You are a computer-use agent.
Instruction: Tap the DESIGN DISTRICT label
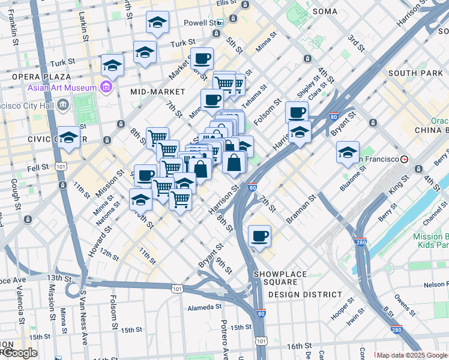click(x=305, y=295)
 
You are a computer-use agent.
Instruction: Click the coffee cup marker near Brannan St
click(x=259, y=236)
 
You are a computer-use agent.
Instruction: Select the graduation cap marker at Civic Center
click(x=69, y=138)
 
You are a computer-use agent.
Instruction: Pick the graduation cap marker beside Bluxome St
click(x=348, y=152)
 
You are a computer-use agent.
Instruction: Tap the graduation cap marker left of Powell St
click(x=157, y=23)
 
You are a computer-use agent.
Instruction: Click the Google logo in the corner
click(x=19, y=353)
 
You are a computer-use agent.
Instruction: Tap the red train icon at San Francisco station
click(x=405, y=159)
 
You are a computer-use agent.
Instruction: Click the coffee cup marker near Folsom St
click(x=297, y=112)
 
